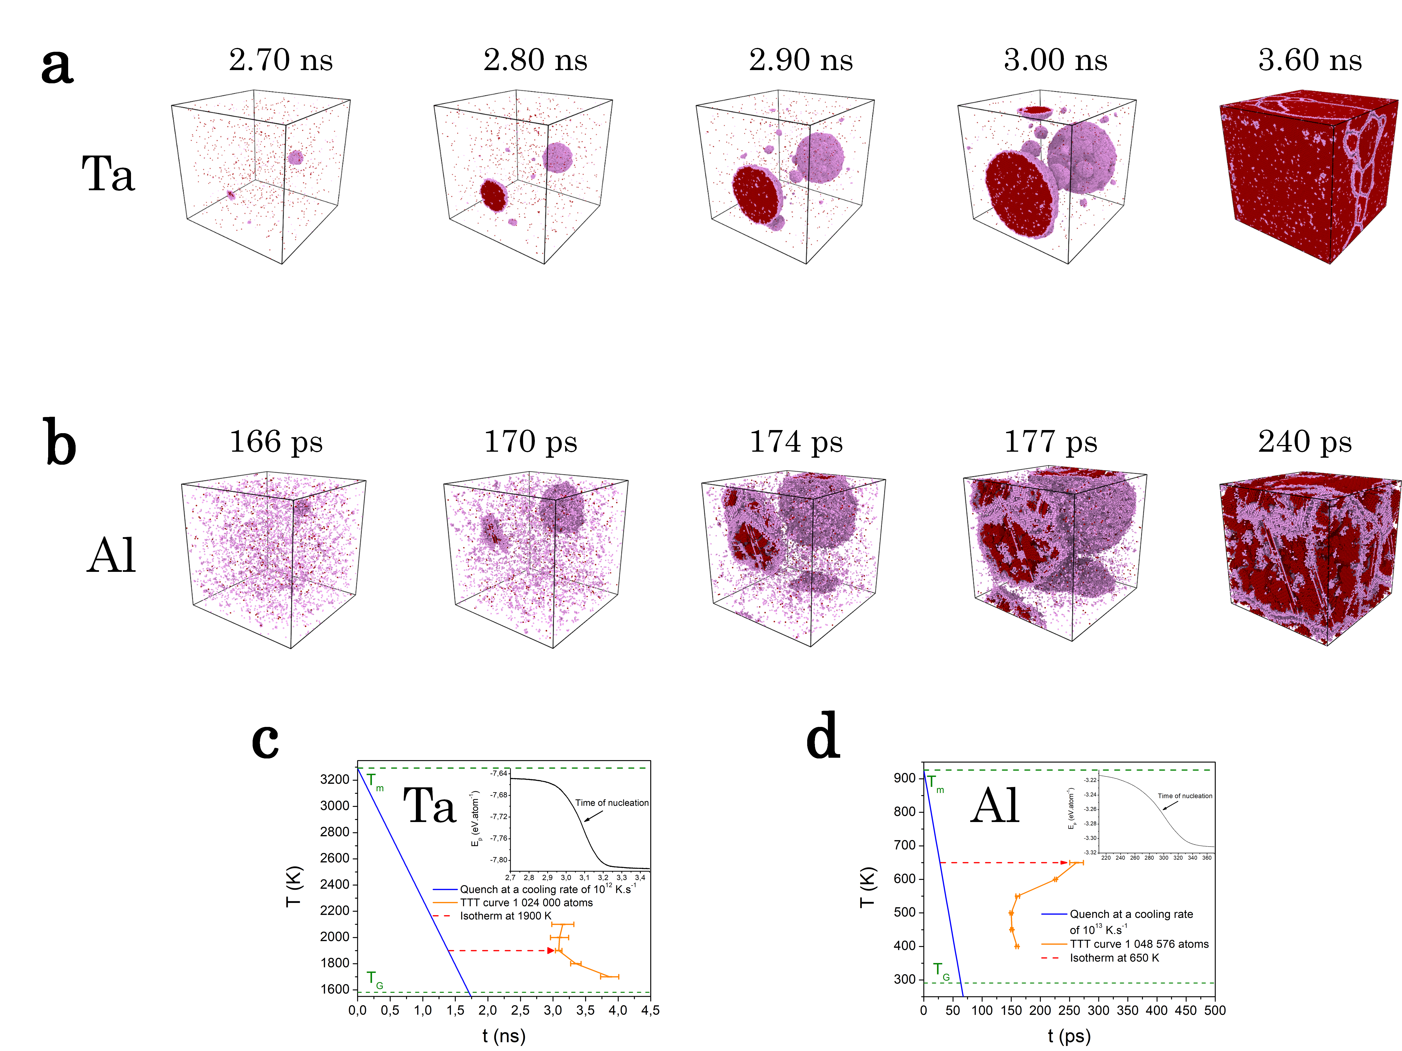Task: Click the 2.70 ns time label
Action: point(281,60)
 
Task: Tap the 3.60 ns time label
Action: point(1310,60)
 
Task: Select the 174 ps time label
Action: point(796,442)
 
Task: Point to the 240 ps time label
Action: point(1304,442)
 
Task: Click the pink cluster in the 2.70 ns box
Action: point(295,157)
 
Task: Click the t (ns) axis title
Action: point(504,1036)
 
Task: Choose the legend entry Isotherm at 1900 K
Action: point(505,916)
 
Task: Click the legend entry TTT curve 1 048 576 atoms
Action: point(1139,944)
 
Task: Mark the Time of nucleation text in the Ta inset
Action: point(612,803)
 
